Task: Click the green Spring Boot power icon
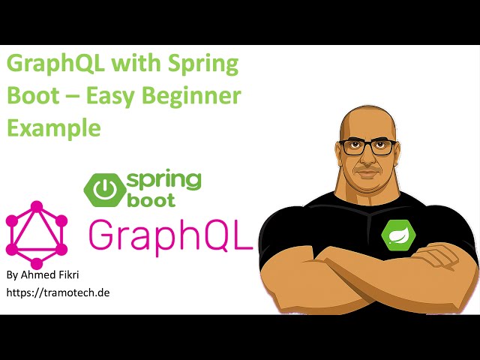[103, 189]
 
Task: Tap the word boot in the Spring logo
[150, 200]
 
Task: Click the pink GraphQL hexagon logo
[36, 235]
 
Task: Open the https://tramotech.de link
[58, 292]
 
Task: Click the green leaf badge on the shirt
[395, 234]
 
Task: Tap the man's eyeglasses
[367, 146]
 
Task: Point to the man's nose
[367, 159]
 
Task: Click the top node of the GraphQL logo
[36, 206]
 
